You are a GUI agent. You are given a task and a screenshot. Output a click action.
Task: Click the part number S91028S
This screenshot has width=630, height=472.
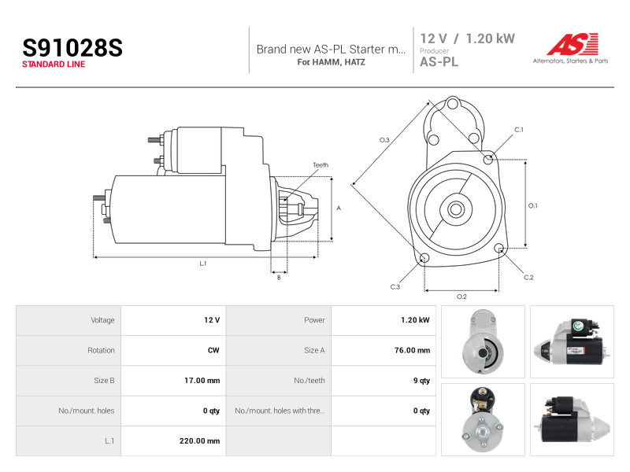tap(72, 48)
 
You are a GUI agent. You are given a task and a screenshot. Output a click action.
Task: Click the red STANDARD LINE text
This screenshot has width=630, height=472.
tap(54, 65)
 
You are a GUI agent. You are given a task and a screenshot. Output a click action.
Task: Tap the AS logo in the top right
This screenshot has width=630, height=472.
tap(570, 49)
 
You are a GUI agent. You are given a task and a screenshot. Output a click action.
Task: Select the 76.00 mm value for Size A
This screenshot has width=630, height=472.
tap(412, 350)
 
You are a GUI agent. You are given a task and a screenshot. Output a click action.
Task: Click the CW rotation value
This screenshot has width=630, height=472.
tap(213, 350)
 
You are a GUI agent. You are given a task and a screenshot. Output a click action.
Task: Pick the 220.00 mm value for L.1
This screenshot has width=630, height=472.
tap(199, 441)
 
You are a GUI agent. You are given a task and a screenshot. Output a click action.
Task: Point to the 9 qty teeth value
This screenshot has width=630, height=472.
tap(421, 381)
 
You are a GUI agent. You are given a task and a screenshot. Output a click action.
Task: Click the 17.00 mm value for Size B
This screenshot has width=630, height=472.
tap(202, 381)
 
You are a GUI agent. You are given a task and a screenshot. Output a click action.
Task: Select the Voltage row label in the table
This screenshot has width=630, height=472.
tap(102, 320)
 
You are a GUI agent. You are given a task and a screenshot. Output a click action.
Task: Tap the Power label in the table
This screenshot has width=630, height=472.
tap(314, 320)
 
